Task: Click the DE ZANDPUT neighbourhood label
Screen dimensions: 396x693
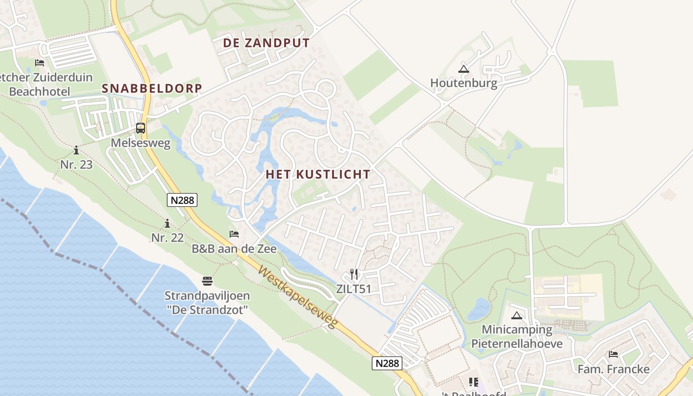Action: pos(266,43)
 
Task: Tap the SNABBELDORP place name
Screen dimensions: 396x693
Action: pos(152,89)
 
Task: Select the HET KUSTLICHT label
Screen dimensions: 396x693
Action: pos(318,174)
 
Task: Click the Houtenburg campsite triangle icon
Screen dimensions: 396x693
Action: pos(463,69)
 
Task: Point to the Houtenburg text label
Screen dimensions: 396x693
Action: pos(463,83)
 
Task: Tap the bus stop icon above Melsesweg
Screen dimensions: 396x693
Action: pos(141,128)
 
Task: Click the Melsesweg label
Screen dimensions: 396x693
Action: pos(141,144)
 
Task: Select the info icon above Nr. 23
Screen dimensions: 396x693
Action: pos(76,150)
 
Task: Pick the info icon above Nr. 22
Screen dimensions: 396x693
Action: pos(167,223)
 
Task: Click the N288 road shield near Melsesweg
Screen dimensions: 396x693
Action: pos(182,200)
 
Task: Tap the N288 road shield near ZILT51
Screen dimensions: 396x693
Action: pos(387,363)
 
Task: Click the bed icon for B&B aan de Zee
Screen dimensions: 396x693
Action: pos(234,234)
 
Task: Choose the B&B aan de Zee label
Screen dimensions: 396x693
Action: pos(234,248)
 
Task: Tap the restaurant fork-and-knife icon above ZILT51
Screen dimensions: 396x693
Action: pos(353,274)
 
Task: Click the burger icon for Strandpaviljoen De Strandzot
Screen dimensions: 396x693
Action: pos(207,281)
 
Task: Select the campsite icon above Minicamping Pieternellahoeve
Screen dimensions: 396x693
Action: pos(517,315)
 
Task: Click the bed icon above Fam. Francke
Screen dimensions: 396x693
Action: pos(613,354)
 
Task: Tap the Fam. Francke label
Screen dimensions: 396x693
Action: pos(613,369)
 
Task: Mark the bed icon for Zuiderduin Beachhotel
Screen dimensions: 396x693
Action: pos(40,63)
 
